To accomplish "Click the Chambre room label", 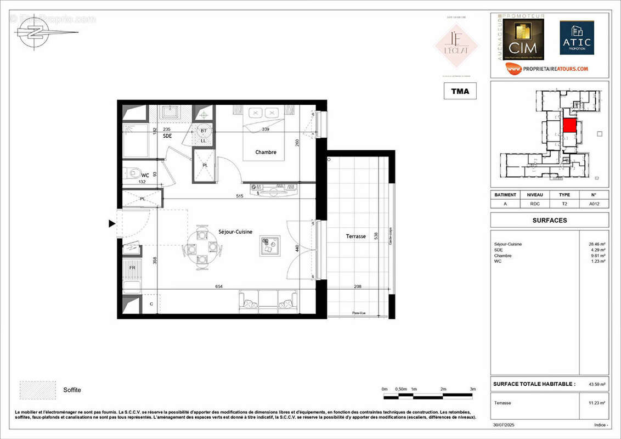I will (266, 152).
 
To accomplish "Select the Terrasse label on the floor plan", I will (355, 236).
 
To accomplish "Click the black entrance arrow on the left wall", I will (111, 223).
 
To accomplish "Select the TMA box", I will (460, 91).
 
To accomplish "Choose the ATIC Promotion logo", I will (577, 38).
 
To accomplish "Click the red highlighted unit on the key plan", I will (570, 125).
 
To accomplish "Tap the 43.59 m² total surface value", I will (596, 384).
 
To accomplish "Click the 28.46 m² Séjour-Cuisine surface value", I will (596, 244).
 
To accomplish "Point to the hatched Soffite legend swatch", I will (37, 390).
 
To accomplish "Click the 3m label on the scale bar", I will (472, 389).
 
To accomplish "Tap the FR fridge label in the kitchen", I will (132, 268).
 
